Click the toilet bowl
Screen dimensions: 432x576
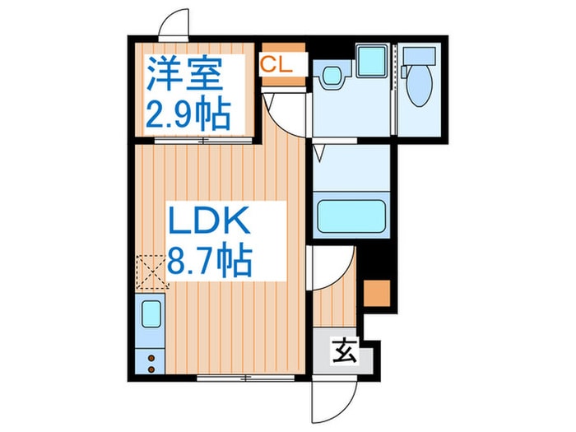click(416, 82)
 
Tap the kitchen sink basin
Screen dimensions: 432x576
click(151, 314)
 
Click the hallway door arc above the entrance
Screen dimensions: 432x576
click(333, 262)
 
